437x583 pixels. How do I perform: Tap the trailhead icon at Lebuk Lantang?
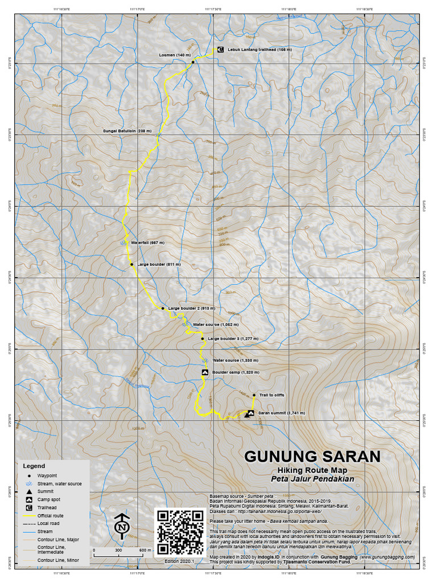220,50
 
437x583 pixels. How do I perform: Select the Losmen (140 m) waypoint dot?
193,61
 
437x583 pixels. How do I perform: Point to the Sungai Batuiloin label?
127,130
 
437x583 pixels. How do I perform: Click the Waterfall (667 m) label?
147,243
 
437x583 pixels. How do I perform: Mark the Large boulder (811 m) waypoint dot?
131,264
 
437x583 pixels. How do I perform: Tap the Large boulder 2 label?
192,308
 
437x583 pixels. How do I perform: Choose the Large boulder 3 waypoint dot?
202,338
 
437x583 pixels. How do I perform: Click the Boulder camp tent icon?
204,372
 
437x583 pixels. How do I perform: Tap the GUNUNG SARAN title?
312,457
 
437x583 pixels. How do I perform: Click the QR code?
180,532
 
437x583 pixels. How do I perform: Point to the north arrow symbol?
121,527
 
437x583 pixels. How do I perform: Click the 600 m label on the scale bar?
145,551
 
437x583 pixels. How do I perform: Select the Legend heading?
34,466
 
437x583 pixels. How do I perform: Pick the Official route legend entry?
50,515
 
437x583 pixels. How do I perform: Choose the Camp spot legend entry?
48,499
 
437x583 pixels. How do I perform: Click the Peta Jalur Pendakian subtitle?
312,479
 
